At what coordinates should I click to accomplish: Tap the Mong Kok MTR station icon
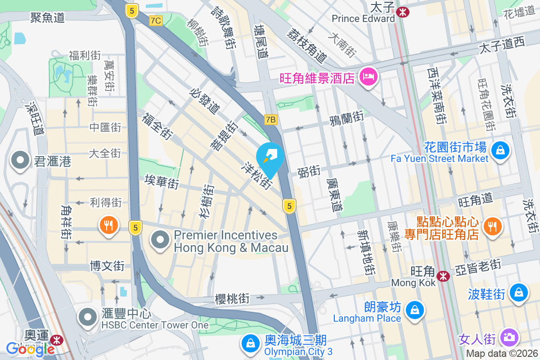coord(443,276)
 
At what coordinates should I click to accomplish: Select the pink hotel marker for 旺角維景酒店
coord(369,77)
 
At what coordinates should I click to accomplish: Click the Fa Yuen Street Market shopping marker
coord(500,150)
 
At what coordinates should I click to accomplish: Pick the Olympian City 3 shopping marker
coord(249,344)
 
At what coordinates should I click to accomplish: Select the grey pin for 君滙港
coord(20,161)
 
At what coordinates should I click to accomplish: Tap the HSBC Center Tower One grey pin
coord(88,317)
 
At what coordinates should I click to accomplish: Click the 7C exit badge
coord(156,21)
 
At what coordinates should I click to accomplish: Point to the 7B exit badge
coord(270,119)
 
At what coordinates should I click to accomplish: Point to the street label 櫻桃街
coord(232,298)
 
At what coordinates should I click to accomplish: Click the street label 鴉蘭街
coord(346,118)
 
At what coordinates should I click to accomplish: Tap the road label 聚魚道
coord(47,18)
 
